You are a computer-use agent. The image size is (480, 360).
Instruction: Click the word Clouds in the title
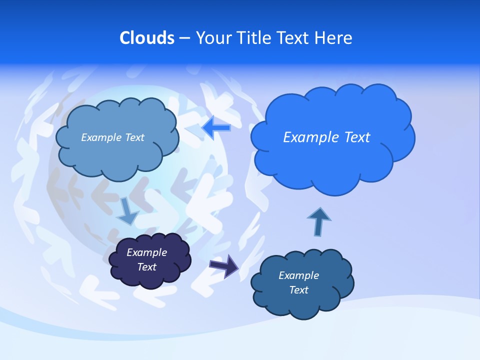[x=146, y=38]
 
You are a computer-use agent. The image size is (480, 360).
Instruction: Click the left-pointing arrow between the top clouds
[x=216, y=128]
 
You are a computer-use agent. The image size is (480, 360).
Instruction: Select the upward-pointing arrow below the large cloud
[x=318, y=221]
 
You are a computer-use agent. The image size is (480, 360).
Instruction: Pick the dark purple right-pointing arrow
[x=224, y=265]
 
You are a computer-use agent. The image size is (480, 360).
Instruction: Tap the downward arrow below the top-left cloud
[x=127, y=211]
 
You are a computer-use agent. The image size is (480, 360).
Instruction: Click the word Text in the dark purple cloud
[x=147, y=267]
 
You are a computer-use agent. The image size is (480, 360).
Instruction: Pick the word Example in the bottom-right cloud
[x=298, y=275]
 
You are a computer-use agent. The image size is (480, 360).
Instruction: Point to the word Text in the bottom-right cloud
[x=298, y=290]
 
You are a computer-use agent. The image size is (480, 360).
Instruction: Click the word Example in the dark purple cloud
[x=147, y=252]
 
